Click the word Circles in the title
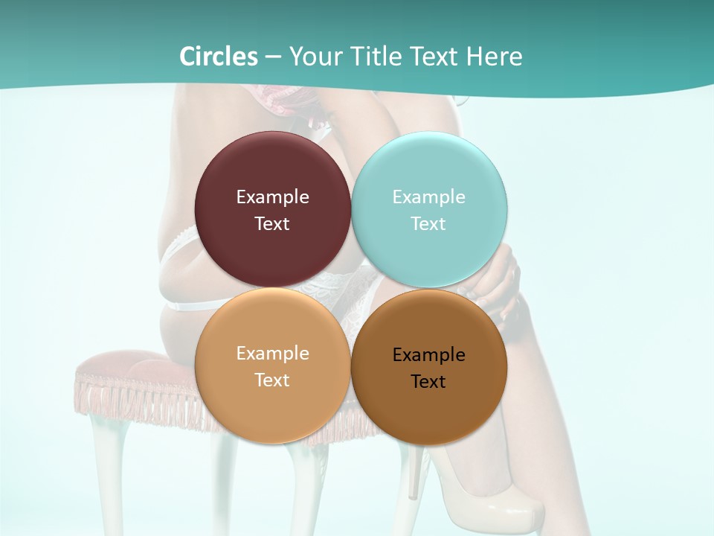tap(218, 57)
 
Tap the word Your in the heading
tap(315, 57)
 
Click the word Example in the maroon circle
tap(272, 197)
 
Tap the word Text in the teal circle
tap(428, 224)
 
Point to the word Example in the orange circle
tap(272, 354)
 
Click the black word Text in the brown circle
tap(428, 382)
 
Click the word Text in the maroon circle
tap(272, 224)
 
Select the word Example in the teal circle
tap(428, 197)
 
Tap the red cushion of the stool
tap(134, 365)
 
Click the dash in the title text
tap(273, 57)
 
